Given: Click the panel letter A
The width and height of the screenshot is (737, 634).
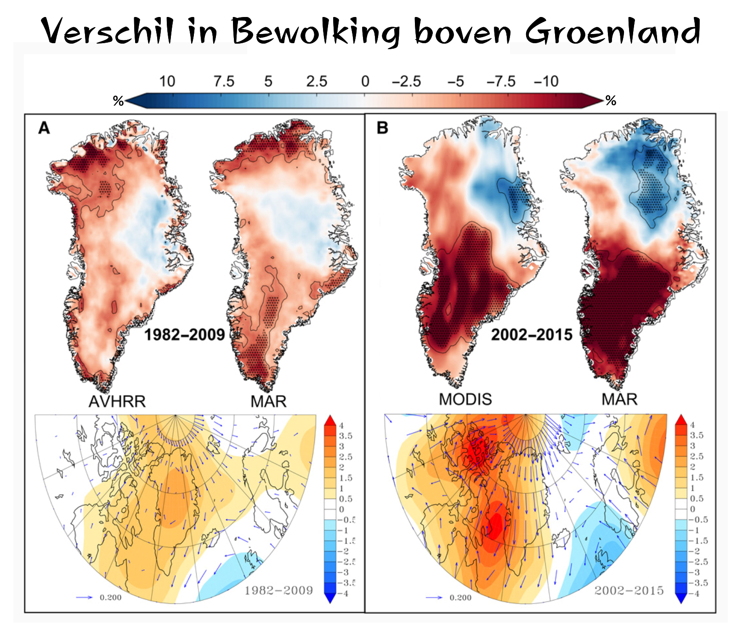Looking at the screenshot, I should click(x=44, y=128).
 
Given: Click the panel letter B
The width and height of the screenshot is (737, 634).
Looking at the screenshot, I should click(x=382, y=128).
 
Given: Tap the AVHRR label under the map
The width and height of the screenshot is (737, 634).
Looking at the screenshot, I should click(x=117, y=402).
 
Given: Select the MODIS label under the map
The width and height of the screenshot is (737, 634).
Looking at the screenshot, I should click(x=465, y=399).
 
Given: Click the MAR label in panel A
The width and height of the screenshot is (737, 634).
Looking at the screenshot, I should click(x=268, y=402).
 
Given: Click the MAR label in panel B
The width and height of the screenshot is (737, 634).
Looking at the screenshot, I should click(x=619, y=399).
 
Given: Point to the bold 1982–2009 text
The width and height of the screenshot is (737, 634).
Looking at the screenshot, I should click(x=185, y=334).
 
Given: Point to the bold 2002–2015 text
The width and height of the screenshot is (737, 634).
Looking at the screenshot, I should click(x=532, y=334).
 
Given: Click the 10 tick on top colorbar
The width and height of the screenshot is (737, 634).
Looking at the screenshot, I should click(x=167, y=82).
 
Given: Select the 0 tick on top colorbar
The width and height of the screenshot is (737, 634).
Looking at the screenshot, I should click(x=365, y=82).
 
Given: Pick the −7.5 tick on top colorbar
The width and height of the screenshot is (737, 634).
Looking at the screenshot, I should click(x=501, y=82).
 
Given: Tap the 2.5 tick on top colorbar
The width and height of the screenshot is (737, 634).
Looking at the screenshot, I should click(x=317, y=82).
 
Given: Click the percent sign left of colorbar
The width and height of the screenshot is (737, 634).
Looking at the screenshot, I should click(x=118, y=101).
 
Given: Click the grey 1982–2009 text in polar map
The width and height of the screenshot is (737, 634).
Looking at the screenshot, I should click(x=278, y=590).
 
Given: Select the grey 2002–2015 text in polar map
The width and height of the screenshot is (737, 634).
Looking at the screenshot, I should click(x=629, y=590).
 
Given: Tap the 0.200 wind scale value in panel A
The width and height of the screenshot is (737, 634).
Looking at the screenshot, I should click(x=110, y=598).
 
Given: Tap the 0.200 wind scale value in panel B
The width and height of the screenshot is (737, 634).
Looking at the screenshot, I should click(x=460, y=598).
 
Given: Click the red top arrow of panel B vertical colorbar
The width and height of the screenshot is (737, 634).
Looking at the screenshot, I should click(x=681, y=419).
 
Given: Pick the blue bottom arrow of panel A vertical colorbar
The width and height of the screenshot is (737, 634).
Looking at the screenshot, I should click(x=330, y=598).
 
